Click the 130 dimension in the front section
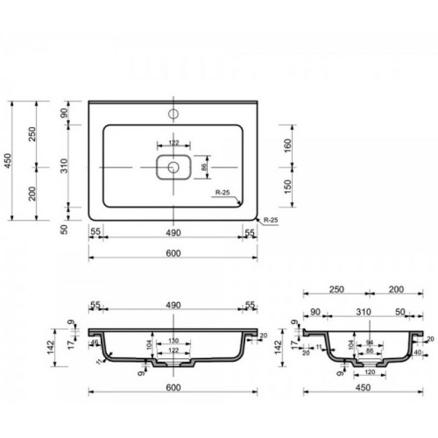173,341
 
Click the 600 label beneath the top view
173,254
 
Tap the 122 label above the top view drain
173,143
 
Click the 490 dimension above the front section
173,306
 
